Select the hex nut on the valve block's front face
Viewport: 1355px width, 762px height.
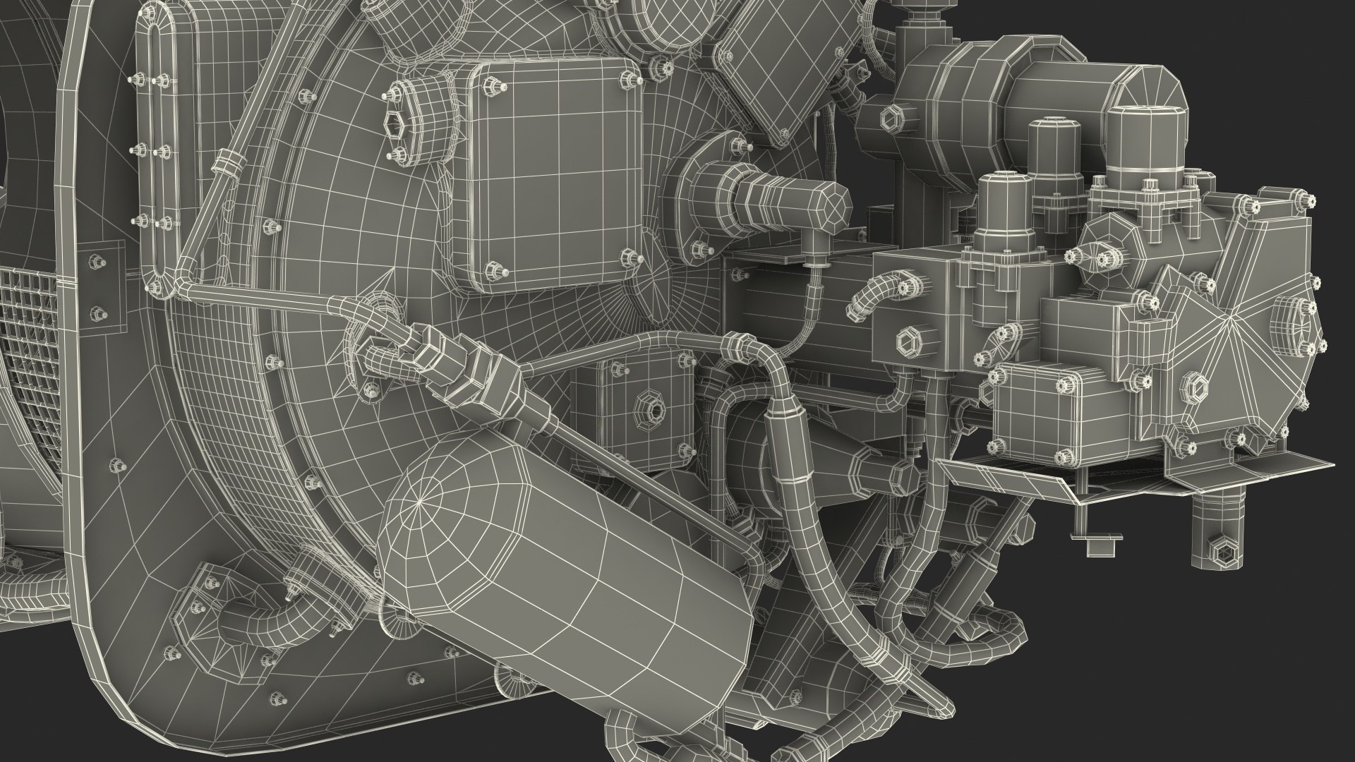(907, 343)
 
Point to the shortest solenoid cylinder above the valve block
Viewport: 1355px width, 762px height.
(1002, 212)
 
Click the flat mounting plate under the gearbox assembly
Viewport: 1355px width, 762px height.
(1143, 480)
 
